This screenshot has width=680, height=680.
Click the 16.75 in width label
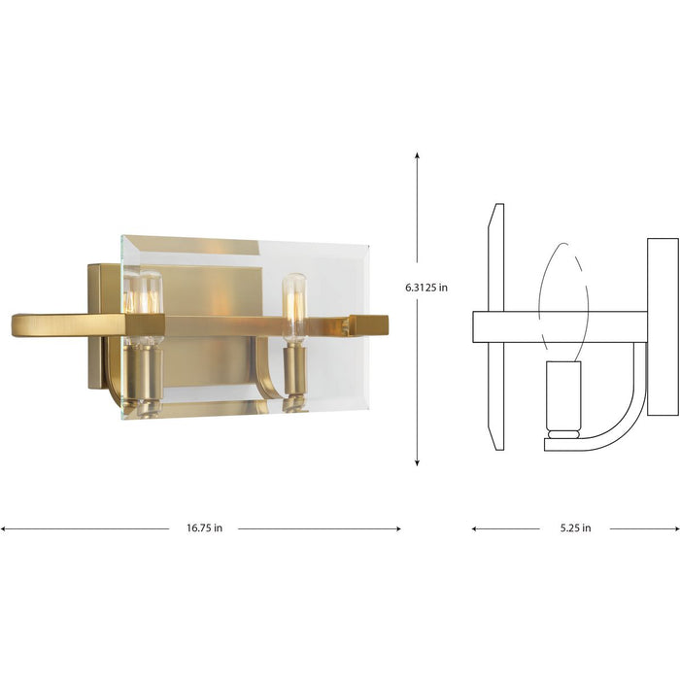[204, 528]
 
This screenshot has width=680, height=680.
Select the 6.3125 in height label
[427, 287]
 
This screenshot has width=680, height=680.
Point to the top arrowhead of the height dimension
[417, 155]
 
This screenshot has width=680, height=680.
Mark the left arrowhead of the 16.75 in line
[4, 528]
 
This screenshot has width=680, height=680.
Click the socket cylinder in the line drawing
[562, 398]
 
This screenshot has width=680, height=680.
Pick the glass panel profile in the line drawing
[496, 325]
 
